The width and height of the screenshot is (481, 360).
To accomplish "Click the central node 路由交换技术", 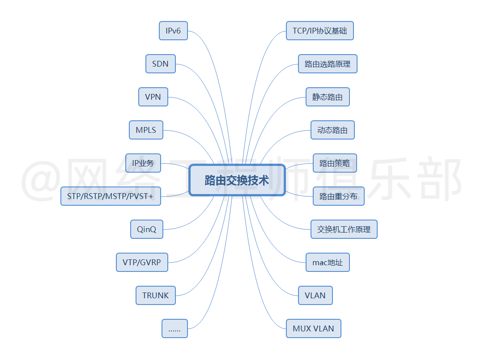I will pyautogui.click(x=237, y=180).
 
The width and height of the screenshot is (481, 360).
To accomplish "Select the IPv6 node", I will pyautogui.click(x=173, y=31).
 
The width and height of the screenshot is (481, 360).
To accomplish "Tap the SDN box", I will pyautogui.click(x=160, y=64).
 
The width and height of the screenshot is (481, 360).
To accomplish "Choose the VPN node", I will pyautogui.click(x=153, y=97).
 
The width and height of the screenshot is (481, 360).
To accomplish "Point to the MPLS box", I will pyautogui.click(x=146, y=130).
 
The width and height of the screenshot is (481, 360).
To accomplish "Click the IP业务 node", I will pyautogui.click(x=143, y=163).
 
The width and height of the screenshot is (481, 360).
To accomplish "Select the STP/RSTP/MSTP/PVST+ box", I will pyautogui.click(x=111, y=196).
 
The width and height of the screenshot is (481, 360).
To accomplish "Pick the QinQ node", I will pyautogui.click(x=147, y=229).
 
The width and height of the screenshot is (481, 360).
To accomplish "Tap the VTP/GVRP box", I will pyautogui.click(x=142, y=263).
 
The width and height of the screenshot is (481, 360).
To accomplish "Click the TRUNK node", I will pyautogui.click(x=156, y=296).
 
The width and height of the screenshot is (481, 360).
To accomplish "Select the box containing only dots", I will pyautogui.click(x=175, y=329).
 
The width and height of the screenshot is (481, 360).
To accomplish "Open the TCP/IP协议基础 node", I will pyautogui.click(x=319, y=31).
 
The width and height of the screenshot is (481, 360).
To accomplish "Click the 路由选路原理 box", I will pyautogui.click(x=328, y=64).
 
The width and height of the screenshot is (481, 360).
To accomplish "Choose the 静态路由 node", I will pyautogui.click(x=328, y=97).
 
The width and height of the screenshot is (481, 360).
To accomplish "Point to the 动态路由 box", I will pyautogui.click(x=332, y=130).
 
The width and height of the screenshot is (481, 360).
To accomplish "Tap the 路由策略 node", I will pyautogui.click(x=335, y=163).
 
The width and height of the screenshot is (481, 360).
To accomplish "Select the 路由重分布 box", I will pyautogui.click(x=338, y=196).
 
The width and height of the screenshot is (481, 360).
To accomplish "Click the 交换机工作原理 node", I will pyautogui.click(x=344, y=229).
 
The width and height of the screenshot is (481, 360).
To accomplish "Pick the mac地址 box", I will pyautogui.click(x=328, y=263).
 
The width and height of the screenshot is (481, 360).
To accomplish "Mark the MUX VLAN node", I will pyautogui.click(x=313, y=329).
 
